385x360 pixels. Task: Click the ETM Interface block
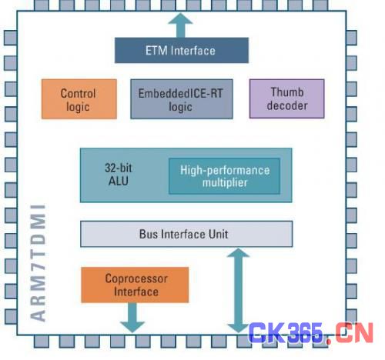(182, 50)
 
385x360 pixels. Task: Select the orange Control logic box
(79, 99)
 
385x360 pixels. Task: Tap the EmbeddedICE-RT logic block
(182, 99)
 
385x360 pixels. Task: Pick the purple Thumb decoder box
(286, 98)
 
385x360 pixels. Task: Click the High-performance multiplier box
(224, 176)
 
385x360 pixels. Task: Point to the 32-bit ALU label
(119, 175)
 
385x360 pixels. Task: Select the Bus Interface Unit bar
(186, 234)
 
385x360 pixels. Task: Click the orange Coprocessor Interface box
(135, 285)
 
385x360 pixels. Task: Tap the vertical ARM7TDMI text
(38, 263)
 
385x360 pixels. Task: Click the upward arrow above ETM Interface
(180, 25)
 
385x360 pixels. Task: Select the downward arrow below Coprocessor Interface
(132, 318)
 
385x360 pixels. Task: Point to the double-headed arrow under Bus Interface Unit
(239, 290)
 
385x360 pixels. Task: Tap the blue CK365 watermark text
(286, 333)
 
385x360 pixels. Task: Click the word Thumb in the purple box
(287, 92)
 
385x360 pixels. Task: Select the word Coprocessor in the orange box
(136, 279)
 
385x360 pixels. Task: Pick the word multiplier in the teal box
(225, 182)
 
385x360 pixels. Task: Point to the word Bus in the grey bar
(149, 234)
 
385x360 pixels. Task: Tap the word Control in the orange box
(78, 93)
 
